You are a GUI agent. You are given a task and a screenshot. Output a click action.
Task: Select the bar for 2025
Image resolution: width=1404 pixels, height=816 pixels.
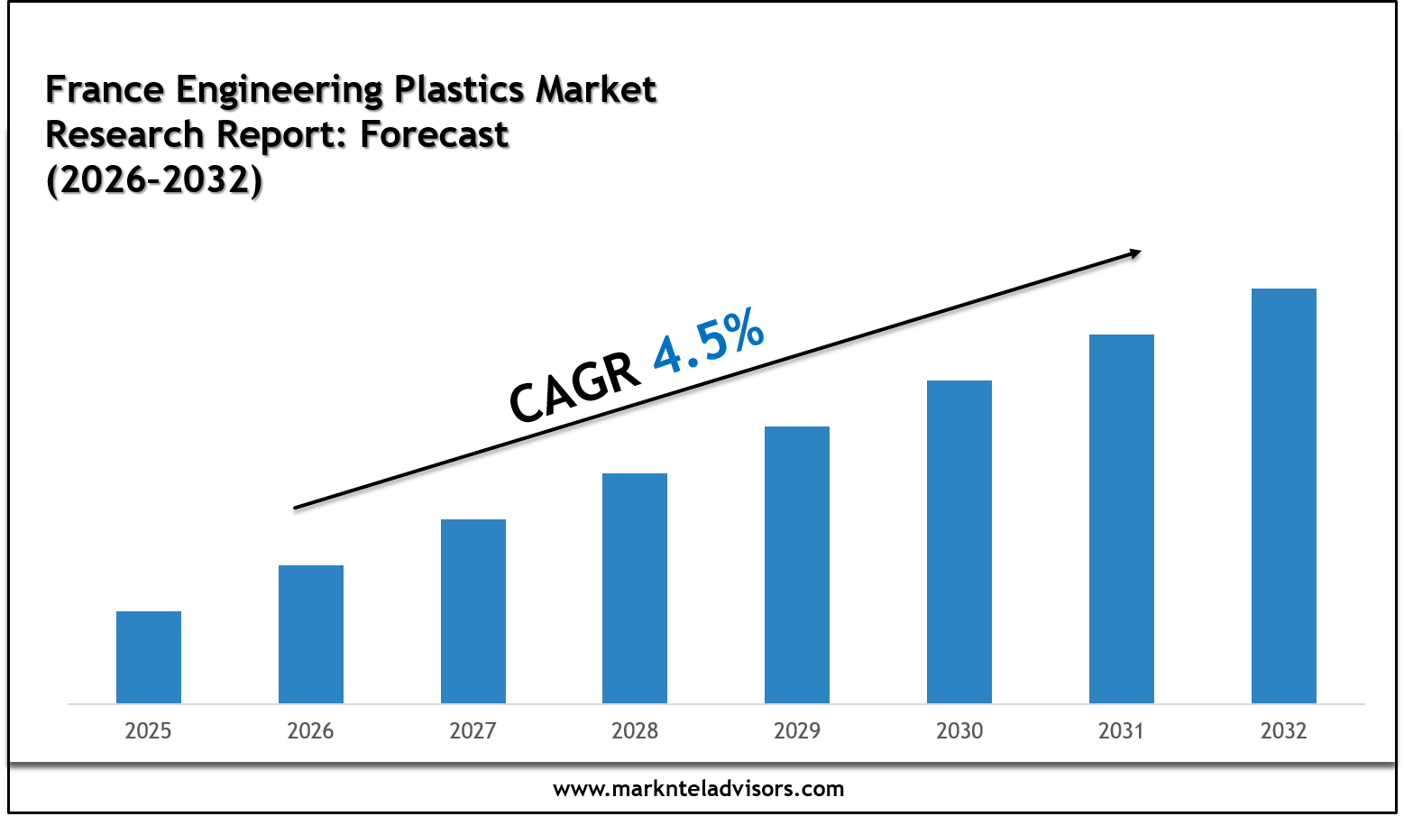tap(149, 657)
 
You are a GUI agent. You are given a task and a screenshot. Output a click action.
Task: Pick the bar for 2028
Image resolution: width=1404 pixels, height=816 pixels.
tap(635, 588)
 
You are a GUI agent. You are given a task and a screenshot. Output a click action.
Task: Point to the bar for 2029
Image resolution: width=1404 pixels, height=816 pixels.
tap(797, 564)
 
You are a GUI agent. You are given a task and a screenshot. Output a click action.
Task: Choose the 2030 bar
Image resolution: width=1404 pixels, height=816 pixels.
tap(959, 542)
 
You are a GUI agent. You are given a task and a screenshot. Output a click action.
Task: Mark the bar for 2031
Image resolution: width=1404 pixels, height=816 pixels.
tap(1122, 518)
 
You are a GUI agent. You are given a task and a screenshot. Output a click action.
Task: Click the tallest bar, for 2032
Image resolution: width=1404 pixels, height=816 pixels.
tap(1284, 496)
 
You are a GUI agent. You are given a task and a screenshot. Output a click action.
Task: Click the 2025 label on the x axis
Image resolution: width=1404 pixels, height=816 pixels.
tap(149, 730)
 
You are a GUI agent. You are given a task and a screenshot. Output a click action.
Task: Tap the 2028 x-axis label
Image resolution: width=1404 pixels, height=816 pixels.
tap(635, 730)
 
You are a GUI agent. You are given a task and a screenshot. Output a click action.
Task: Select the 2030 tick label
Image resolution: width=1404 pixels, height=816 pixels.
tap(959, 730)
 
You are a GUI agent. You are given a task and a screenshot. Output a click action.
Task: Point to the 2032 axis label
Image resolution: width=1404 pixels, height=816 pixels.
tap(1284, 730)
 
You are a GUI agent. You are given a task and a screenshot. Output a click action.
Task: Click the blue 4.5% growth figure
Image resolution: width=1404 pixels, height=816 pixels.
tap(709, 342)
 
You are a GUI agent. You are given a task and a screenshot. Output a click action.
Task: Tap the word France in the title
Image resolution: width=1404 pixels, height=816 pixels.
tap(105, 89)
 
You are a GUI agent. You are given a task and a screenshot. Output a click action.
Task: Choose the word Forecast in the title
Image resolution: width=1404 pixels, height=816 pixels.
tap(435, 134)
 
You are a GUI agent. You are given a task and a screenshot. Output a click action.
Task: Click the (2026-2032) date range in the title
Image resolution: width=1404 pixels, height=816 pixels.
tap(154, 179)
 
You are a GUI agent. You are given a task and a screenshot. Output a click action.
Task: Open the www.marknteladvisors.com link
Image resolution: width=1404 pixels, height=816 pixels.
tap(699, 789)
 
